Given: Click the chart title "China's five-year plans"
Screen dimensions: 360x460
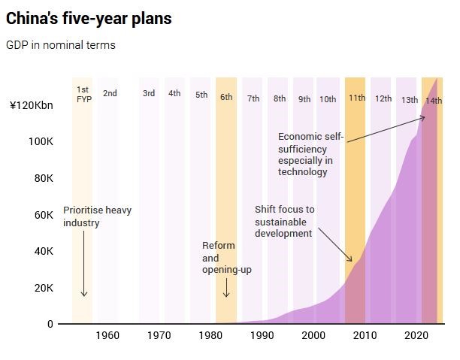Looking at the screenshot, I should point(89,19).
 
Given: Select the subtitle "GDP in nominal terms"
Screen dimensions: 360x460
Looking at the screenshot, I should point(61,45).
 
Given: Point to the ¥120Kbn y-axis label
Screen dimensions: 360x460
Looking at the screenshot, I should point(31,104).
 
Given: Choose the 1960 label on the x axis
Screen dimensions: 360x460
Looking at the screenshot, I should point(107,336).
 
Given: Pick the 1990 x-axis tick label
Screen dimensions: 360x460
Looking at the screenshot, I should point(262,336).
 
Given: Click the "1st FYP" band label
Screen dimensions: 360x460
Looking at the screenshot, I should point(83,94).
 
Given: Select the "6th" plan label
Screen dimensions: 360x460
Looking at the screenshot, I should point(226,96).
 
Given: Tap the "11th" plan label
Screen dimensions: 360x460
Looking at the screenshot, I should point(356,98).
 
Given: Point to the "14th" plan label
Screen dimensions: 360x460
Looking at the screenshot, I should point(433,101).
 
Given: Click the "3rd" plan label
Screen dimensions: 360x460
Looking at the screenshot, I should point(149,93).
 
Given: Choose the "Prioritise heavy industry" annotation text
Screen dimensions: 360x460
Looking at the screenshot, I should point(97,216).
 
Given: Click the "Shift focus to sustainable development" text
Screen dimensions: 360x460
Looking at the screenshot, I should point(284,221).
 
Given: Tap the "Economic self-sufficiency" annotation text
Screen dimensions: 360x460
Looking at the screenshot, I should point(310,154).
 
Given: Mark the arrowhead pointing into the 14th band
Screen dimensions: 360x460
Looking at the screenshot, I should point(423,117).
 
